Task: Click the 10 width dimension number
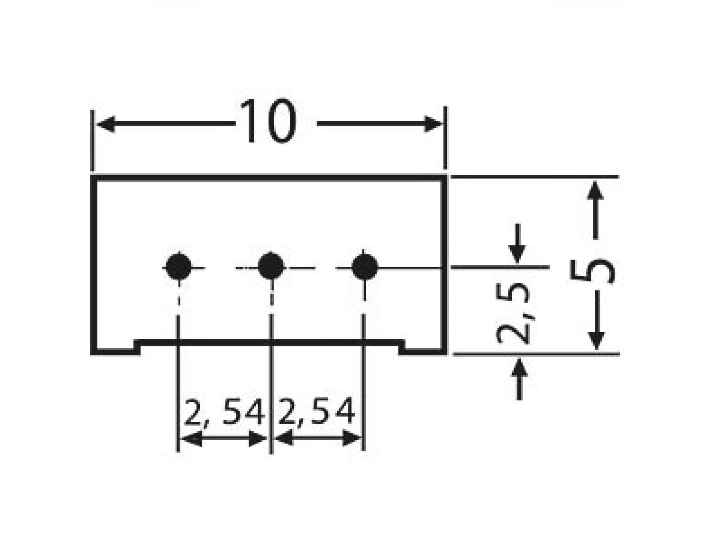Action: tap(268, 123)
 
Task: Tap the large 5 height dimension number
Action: tap(592, 265)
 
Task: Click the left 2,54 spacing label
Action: tap(224, 414)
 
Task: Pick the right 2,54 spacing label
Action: tap(317, 414)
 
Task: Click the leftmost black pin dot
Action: tap(178, 266)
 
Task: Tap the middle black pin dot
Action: tap(271, 266)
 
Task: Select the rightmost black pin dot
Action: tap(364, 266)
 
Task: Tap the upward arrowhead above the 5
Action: tap(595, 192)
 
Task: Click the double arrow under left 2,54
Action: tap(224, 439)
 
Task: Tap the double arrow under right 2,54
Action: tap(317, 439)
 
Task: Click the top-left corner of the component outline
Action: tap(93, 179)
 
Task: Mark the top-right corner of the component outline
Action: tap(445, 179)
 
